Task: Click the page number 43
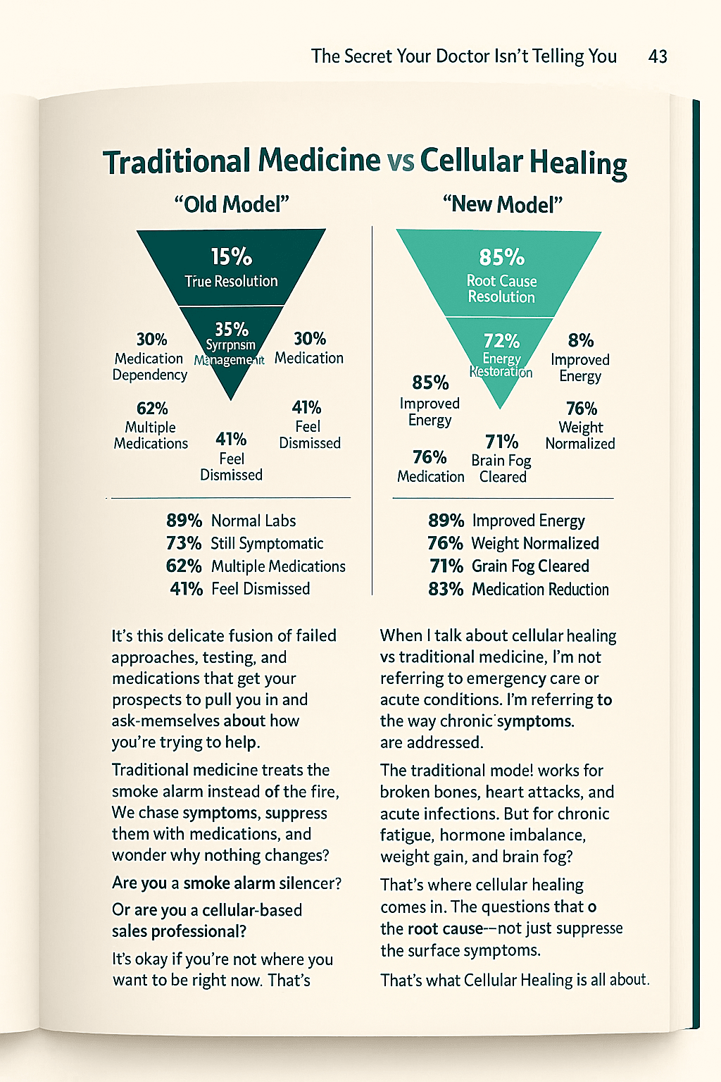point(658,56)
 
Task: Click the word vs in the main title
point(400,161)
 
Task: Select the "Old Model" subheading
point(232,204)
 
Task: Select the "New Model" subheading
point(503,204)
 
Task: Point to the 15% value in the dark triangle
point(231,256)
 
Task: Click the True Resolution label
point(231,281)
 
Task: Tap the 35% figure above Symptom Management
point(231,330)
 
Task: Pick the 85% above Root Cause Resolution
point(501,257)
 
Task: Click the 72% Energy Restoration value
point(501,341)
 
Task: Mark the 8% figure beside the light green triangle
point(581,340)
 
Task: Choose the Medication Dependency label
point(149,366)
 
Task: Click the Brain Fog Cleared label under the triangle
point(501,468)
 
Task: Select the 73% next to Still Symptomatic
point(184,543)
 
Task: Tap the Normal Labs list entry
point(253,521)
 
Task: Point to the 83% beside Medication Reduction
point(446,589)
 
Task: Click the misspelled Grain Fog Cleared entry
point(530,566)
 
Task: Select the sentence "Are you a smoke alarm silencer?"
point(227,883)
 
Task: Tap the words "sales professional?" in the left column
point(179,931)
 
